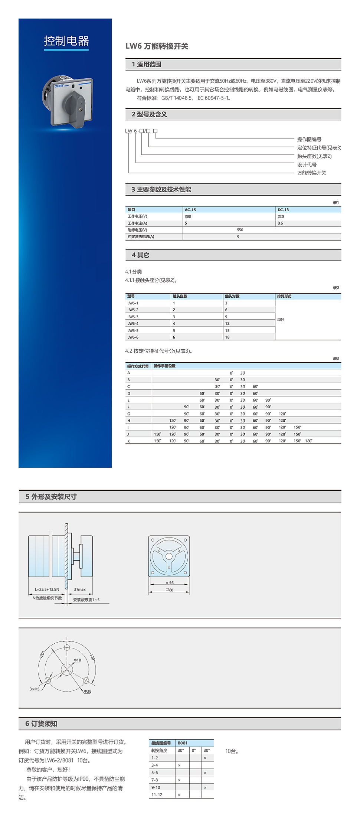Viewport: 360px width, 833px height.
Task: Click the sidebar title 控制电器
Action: click(x=66, y=41)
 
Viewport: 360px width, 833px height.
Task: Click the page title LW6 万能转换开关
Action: click(x=157, y=46)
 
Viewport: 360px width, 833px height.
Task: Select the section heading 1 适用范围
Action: click(x=147, y=64)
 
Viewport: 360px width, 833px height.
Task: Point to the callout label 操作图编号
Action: click(x=309, y=139)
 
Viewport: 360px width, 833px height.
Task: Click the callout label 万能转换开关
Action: click(x=311, y=173)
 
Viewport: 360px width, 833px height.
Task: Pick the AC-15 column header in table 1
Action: click(x=190, y=210)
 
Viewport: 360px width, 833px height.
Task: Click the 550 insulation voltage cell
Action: click(x=240, y=230)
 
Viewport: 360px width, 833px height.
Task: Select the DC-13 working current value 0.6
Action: click(x=280, y=223)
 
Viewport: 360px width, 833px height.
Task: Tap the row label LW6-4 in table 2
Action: click(x=133, y=323)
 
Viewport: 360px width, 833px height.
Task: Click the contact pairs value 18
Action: click(x=227, y=337)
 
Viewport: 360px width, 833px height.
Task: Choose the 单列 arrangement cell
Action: click(x=281, y=319)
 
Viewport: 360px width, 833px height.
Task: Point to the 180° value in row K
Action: click(x=308, y=441)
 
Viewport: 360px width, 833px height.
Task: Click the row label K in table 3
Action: click(x=129, y=441)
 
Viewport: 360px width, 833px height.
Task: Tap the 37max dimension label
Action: click(x=80, y=589)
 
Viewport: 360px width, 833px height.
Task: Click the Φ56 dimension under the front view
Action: click(x=170, y=582)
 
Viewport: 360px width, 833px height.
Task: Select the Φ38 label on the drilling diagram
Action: click(x=88, y=691)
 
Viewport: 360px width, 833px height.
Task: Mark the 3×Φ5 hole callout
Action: click(x=35, y=689)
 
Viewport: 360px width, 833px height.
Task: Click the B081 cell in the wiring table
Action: click(x=183, y=743)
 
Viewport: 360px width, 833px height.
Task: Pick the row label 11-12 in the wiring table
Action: click(x=157, y=795)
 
